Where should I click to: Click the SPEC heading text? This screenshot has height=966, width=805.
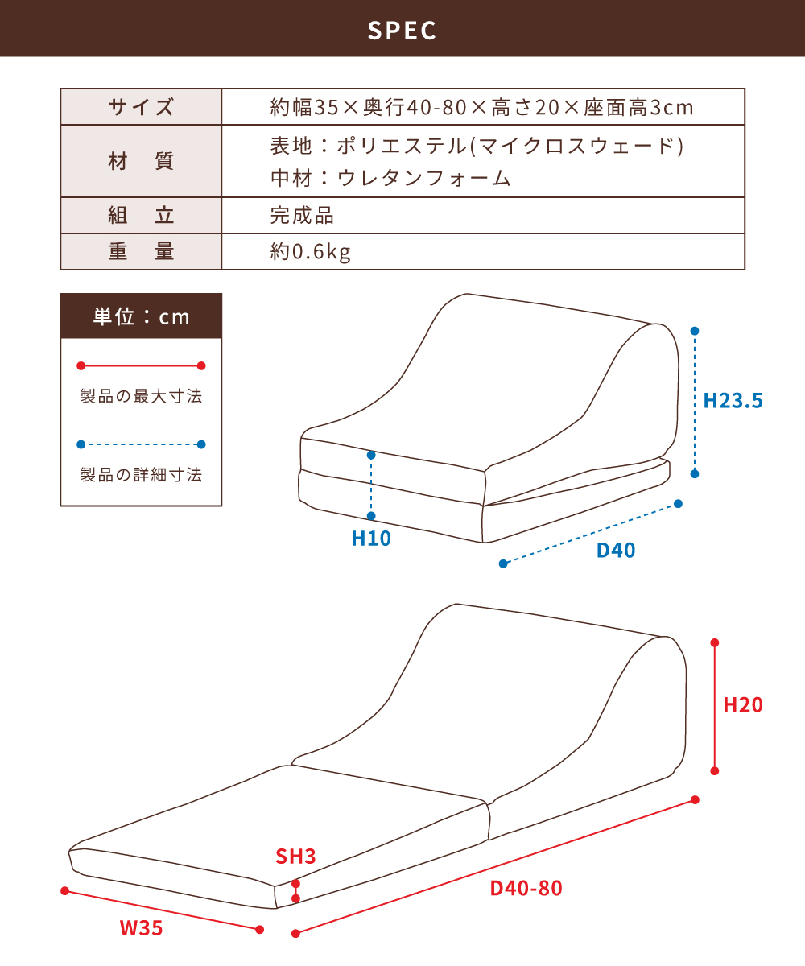pyautogui.click(x=402, y=31)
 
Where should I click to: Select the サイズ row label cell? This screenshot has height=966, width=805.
pyautogui.click(x=141, y=107)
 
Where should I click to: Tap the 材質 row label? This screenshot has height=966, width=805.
pyautogui.click(x=141, y=162)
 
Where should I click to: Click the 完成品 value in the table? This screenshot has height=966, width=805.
pyautogui.click(x=302, y=216)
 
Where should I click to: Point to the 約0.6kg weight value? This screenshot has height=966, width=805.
pyautogui.click(x=311, y=252)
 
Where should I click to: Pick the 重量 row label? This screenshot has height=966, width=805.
pyautogui.click(x=141, y=252)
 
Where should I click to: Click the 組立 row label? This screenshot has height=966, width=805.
pyautogui.click(x=141, y=216)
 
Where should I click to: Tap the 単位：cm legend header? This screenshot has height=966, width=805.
pyautogui.click(x=141, y=316)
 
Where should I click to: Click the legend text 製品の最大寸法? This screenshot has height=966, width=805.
pyautogui.click(x=141, y=397)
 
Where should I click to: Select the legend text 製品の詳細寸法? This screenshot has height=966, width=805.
pyautogui.click(x=141, y=475)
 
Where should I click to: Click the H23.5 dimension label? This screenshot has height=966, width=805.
pyautogui.click(x=733, y=401)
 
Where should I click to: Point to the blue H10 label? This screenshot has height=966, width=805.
pyautogui.click(x=371, y=539)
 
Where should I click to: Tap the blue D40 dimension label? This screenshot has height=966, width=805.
pyautogui.click(x=616, y=551)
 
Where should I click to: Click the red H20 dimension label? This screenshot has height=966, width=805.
pyautogui.click(x=743, y=705)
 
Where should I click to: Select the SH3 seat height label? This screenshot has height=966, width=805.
pyautogui.click(x=295, y=857)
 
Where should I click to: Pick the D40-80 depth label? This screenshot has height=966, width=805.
pyautogui.click(x=526, y=888)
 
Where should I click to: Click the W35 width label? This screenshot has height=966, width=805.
pyautogui.click(x=141, y=928)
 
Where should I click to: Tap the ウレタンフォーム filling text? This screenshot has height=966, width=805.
pyautogui.click(x=423, y=179)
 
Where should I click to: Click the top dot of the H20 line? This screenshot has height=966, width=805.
pyautogui.click(x=714, y=642)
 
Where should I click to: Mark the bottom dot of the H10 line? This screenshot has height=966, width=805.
pyautogui.click(x=371, y=516)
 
